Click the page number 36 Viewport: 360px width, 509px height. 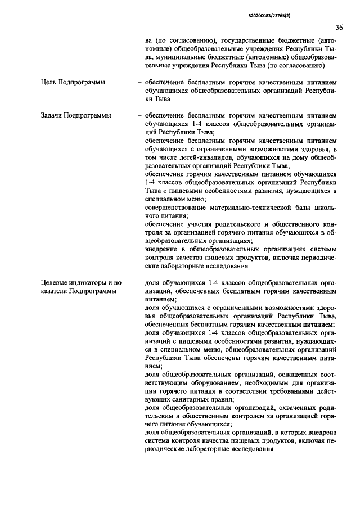coord(339,27)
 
